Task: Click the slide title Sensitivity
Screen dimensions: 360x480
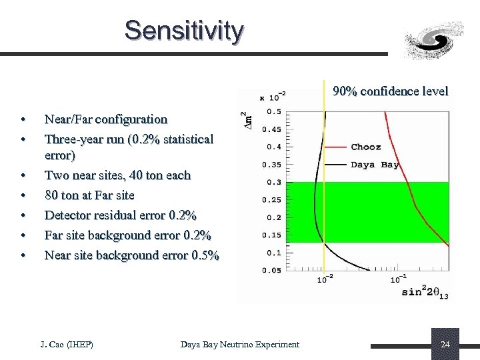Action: coord(184,31)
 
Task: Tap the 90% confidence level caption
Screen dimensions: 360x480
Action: coord(391,91)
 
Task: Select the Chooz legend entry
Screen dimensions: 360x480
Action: coord(366,147)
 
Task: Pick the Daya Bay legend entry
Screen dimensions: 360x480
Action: coord(375,165)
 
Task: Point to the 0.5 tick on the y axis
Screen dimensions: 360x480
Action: coord(273,111)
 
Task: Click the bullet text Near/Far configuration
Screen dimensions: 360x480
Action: coord(105,119)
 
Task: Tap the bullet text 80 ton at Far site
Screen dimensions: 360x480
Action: coord(89,195)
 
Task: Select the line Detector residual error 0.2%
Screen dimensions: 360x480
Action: coord(120,215)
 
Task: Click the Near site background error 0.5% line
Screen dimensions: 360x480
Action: coord(131,255)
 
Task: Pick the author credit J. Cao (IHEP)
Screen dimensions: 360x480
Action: coord(67,344)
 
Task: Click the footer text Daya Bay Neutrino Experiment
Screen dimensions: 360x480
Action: coord(240,344)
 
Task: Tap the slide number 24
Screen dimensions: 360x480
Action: coord(445,344)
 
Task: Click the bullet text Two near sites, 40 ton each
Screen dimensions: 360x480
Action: coord(117,175)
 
